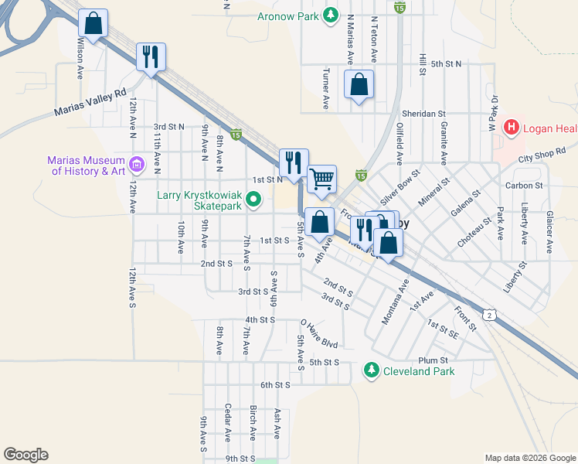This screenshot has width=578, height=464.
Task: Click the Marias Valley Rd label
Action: coord(90,102)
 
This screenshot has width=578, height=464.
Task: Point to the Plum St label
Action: coord(433,360)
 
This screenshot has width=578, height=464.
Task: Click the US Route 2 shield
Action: coord(490,314)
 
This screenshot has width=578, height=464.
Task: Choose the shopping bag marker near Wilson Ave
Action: coord(93,24)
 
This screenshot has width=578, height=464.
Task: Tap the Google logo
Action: coord(25,455)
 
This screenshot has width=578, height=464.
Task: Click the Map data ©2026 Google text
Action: coord(529,458)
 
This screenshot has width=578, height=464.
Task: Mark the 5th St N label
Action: coord(446,63)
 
